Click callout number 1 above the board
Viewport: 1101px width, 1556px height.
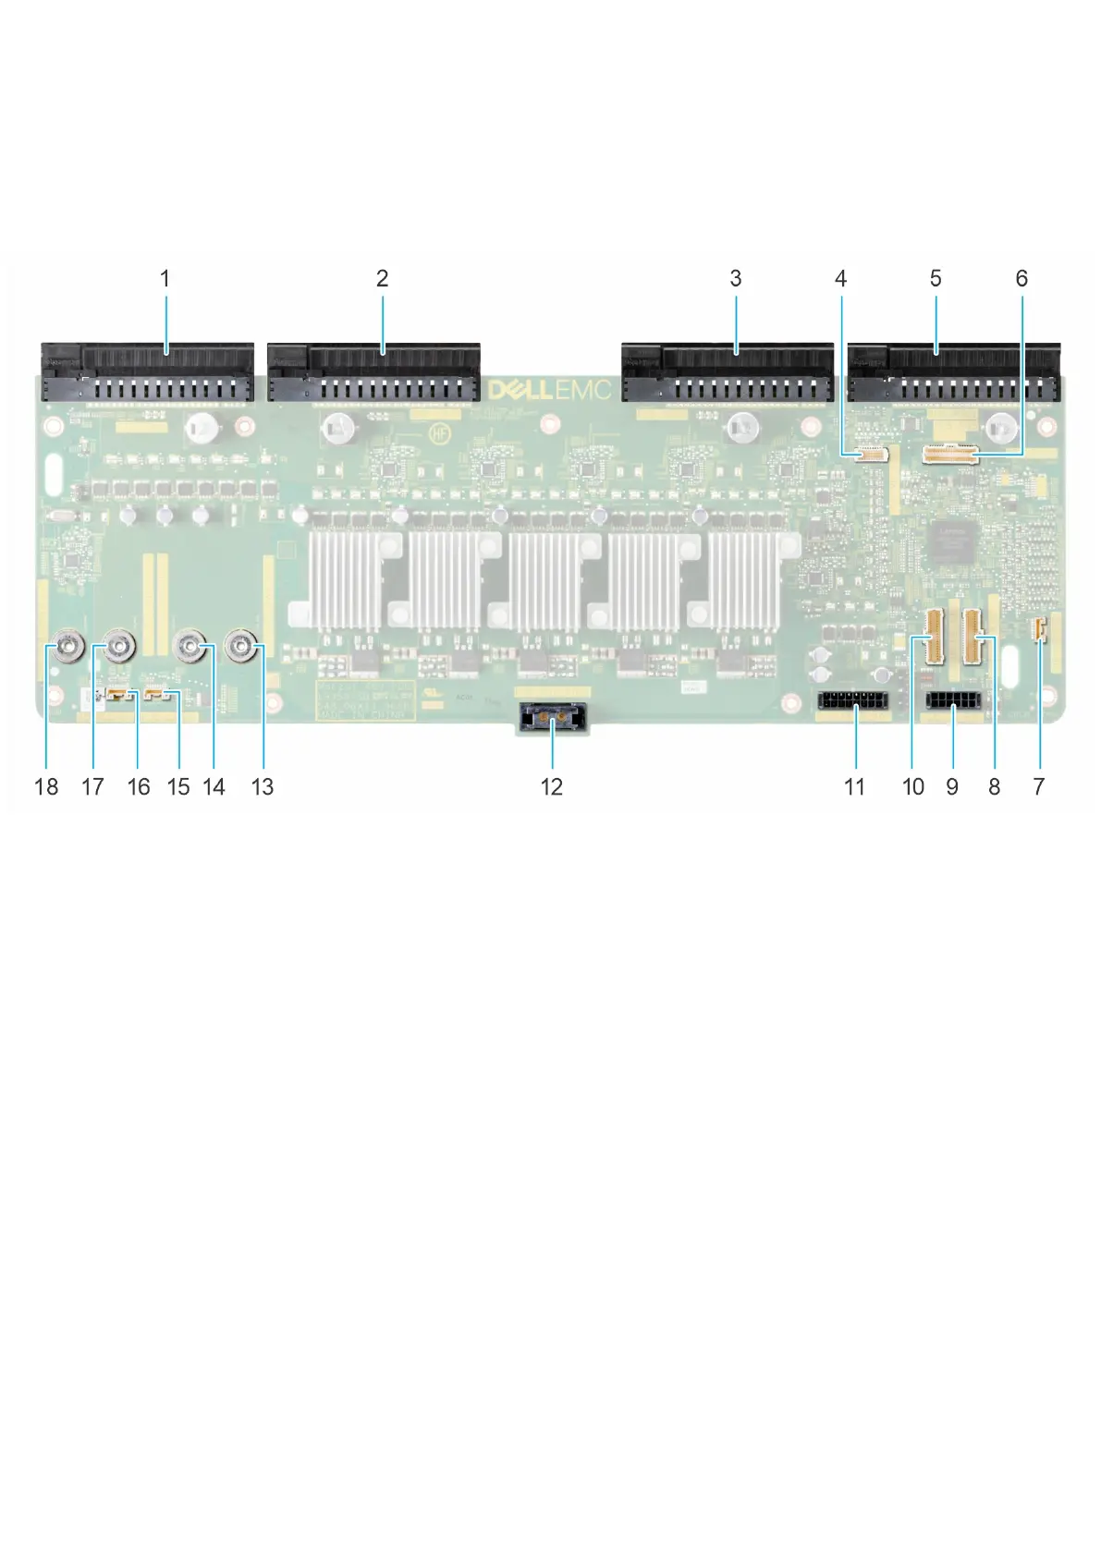pos(165,278)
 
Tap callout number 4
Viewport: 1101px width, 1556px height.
pos(840,278)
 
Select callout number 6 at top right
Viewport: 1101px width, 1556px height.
pos(1021,278)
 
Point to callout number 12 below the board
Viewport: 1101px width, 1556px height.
pos(552,786)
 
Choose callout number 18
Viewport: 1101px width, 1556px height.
pos(46,786)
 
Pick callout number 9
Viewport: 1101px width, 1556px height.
pos(952,786)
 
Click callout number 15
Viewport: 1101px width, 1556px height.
pos(178,786)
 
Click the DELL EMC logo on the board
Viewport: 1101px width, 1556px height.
pos(549,389)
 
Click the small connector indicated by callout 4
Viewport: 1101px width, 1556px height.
pos(870,453)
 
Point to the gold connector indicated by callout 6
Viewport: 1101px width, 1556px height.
pos(948,453)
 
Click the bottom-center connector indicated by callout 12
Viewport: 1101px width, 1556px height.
pos(552,714)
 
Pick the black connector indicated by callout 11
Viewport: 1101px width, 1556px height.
pos(852,700)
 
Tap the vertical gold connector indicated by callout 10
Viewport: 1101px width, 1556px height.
pos(934,637)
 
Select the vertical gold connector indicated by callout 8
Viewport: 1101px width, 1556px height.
pos(973,637)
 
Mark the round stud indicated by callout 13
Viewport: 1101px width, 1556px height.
pos(242,648)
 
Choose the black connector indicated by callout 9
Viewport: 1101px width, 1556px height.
pos(952,700)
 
